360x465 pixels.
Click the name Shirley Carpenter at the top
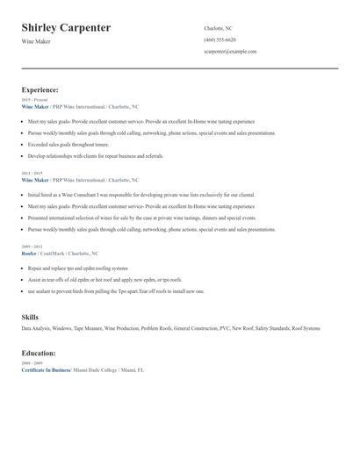66,28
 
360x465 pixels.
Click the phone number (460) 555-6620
220,40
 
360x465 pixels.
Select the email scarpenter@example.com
230,52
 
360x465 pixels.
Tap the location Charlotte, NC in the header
220,29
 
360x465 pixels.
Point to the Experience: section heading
40,89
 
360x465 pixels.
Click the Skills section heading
30,316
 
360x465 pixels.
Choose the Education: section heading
39,353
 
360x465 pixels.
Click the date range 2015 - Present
34,100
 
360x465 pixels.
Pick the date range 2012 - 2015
32,173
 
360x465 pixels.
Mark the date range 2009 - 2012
32,247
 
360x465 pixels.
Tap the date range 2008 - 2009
32,362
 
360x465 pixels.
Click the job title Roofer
29,253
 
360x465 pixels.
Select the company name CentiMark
54,253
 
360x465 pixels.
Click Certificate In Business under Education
46,369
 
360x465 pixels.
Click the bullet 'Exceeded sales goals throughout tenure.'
68,144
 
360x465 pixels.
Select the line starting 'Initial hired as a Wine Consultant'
140,194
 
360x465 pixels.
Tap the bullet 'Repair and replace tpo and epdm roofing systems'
77,268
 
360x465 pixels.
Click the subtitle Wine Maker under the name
36,41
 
